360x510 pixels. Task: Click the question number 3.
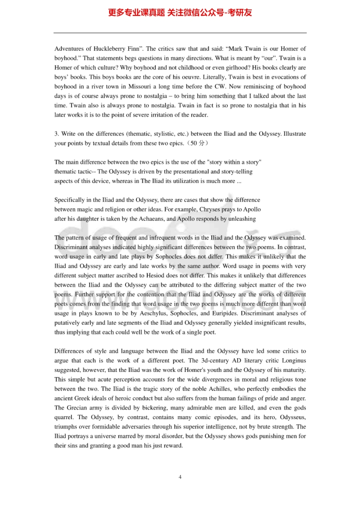tap(56, 134)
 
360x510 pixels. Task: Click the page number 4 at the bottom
tap(180, 477)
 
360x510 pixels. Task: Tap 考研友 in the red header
tap(239, 13)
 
